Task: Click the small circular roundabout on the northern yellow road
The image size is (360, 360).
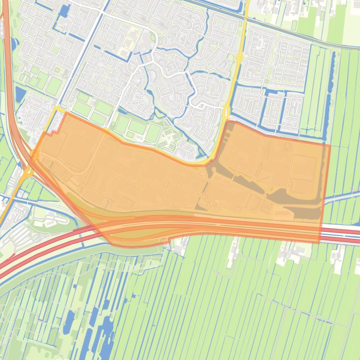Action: tap(239, 58)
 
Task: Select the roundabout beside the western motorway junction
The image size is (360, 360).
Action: tap(29, 172)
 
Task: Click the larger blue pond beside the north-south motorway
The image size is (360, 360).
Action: tap(21, 94)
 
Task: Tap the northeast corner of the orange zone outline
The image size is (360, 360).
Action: tap(330, 145)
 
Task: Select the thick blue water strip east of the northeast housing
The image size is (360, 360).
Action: tap(332, 75)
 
